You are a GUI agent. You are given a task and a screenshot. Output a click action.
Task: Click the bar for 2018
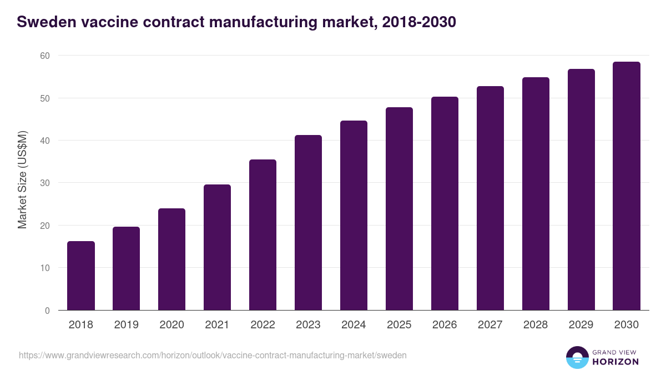81,276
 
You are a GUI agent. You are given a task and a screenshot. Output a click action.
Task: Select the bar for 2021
217,247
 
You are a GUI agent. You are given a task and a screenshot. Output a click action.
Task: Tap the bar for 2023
308,222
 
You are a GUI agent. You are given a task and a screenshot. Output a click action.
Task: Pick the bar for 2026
445,203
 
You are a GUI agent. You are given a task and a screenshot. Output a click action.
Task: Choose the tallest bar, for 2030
627,186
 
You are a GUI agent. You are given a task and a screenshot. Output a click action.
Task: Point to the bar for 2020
171,259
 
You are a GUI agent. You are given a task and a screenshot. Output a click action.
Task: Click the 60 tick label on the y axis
44,56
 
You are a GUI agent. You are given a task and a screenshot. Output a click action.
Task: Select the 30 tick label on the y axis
44,183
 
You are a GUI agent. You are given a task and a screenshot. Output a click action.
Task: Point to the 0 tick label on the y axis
47,311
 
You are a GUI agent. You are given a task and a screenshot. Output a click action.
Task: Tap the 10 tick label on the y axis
44,268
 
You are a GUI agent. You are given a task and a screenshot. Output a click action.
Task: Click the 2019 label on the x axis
127,325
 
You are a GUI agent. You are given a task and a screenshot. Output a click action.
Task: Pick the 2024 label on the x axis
354,325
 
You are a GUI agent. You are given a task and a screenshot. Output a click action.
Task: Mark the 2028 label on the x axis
536,325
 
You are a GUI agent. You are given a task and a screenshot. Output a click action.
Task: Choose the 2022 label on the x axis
263,325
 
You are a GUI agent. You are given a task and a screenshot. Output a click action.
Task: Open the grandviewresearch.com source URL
213,355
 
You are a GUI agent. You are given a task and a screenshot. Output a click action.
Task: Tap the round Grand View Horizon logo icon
577,357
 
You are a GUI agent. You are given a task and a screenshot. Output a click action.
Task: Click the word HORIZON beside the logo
616,362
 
